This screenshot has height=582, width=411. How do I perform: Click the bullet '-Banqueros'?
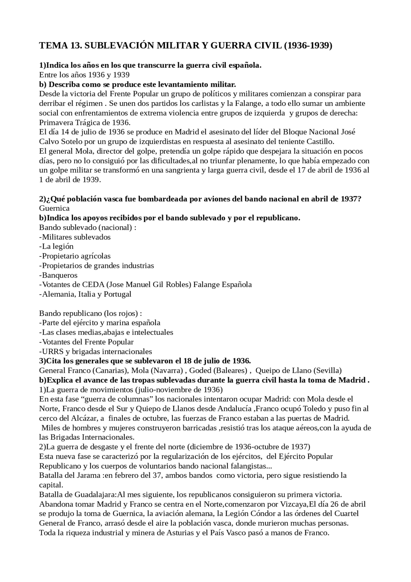coord(58,275)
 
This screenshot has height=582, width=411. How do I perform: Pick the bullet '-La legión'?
coord(56,246)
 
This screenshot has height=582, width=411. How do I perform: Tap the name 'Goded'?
coord(200,371)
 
